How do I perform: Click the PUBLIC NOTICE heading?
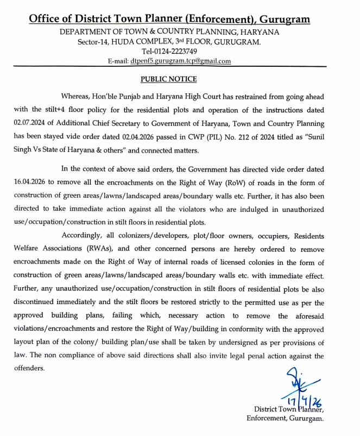[x=168, y=79]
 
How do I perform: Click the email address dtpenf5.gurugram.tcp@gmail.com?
[x=181, y=61]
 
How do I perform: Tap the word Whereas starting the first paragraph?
[x=77, y=95]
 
